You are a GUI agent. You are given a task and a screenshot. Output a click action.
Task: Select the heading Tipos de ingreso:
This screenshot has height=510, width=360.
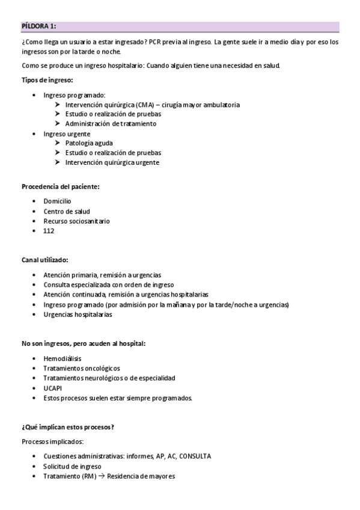pos(47,80)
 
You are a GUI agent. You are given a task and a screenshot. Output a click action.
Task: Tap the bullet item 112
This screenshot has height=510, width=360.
pos(49,230)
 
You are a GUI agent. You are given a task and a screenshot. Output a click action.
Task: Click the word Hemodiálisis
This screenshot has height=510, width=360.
pos(63,358)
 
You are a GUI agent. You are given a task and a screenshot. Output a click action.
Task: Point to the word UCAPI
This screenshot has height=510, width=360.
pos(53,388)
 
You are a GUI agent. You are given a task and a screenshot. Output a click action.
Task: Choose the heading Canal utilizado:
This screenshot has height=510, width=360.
pos(45,260)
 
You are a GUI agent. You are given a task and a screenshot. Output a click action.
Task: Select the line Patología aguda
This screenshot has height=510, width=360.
pos(89,143)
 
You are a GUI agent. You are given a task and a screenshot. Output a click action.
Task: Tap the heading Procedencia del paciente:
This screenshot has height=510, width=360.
pos(60,186)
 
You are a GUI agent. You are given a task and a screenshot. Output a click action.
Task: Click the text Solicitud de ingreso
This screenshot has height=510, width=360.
pos(72,466)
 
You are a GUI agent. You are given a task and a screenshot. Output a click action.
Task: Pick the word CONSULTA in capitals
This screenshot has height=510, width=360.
pos(194,456)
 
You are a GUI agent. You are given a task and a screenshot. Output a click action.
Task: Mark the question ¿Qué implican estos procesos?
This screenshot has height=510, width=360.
pos(68,427)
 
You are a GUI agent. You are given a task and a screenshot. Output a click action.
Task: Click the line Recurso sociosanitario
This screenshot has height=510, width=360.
pos(76,221)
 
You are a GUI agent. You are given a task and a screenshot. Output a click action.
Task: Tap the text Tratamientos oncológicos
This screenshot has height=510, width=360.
pos(82,368)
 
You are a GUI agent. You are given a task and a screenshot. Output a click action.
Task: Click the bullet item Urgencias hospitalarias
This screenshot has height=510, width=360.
pos(78,315)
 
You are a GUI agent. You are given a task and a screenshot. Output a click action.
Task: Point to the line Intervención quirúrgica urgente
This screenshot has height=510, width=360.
pos(112,162)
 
